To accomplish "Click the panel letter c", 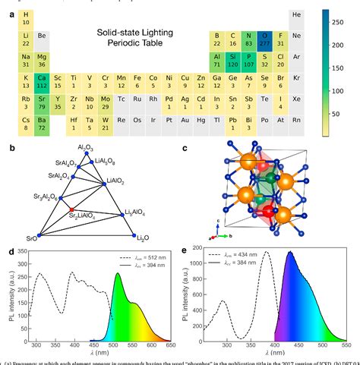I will [188, 148].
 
